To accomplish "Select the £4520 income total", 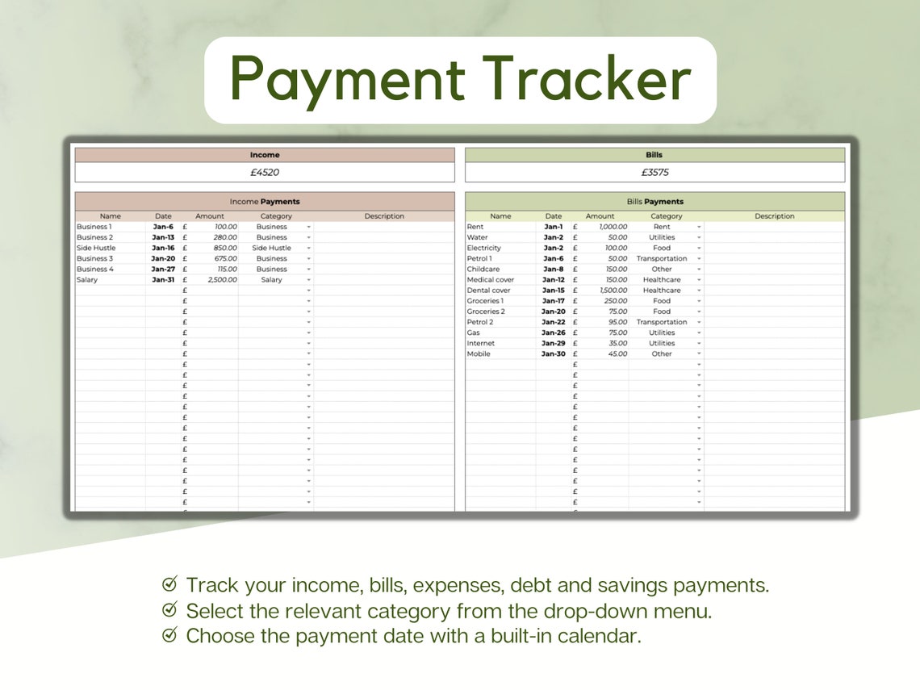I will [265, 172].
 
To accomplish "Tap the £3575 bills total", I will [654, 172].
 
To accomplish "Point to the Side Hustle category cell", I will [271, 248].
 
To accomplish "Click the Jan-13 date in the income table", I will [163, 237].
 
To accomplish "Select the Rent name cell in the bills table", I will [475, 227].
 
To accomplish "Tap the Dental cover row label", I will [488, 291].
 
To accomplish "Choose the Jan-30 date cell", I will [554, 353].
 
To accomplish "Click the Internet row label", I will [481, 343].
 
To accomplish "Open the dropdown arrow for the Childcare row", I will [699, 270].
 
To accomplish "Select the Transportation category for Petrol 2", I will [662, 322].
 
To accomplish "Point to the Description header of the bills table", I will [774, 216].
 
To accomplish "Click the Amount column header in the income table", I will [210, 216].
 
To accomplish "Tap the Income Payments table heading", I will [265, 202].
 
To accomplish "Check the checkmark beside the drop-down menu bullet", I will [169, 609].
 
